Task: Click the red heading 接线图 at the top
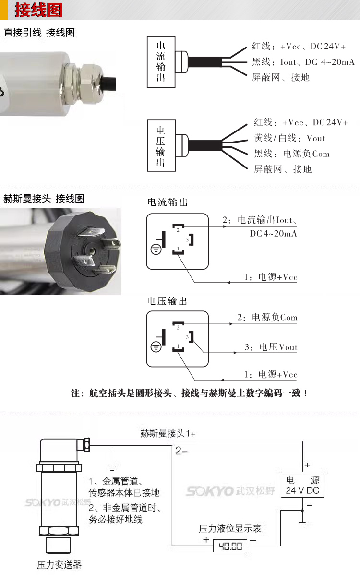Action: click(x=38, y=10)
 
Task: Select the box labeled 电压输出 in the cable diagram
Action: click(x=161, y=146)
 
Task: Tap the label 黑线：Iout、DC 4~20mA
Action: click(x=303, y=62)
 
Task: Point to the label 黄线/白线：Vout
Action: click(x=289, y=138)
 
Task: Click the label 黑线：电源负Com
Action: click(x=292, y=154)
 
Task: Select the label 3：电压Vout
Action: click(x=271, y=347)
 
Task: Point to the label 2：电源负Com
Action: click(x=267, y=318)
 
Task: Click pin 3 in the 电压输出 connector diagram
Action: click(x=190, y=337)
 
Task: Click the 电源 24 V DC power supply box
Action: click(x=302, y=485)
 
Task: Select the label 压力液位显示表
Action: click(x=230, y=528)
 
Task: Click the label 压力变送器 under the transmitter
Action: click(x=59, y=565)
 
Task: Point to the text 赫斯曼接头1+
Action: click(x=168, y=433)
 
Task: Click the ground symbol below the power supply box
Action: click(x=302, y=522)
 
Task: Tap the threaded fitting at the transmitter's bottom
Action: click(x=59, y=546)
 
